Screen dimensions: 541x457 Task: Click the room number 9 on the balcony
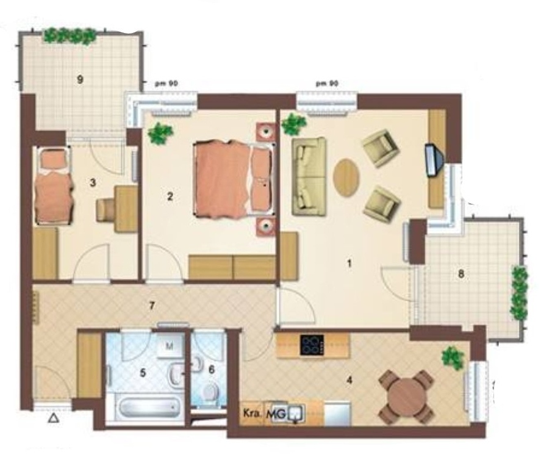pyautogui.click(x=80, y=80)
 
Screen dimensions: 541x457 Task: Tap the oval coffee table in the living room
pyautogui.click(x=346, y=178)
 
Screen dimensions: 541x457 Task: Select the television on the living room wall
pyautogui.click(x=434, y=160)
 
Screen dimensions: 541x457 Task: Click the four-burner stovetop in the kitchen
pyautogui.click(x=312, y=345)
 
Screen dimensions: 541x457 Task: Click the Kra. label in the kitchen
pyautogui.click(x=252, y=413)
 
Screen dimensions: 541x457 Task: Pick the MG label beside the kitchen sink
pyautogui.click(x=276, y=414)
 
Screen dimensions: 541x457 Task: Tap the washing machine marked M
pyautogui.click(x=170, y=347)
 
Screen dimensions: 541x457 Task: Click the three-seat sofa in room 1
pyautogui.click(x=309, y=176)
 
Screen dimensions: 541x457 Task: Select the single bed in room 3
pyautogui.click(x=54, y=185)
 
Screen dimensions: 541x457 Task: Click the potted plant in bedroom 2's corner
pyautogui.click(x=160, y=133)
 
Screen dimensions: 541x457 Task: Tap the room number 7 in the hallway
pyautogui.click(x=152, y=305)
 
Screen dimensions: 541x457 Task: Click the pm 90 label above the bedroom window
pyautogui.click(x=167, y=84)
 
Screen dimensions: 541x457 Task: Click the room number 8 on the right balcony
pyautogui.click(x=461, y=274)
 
